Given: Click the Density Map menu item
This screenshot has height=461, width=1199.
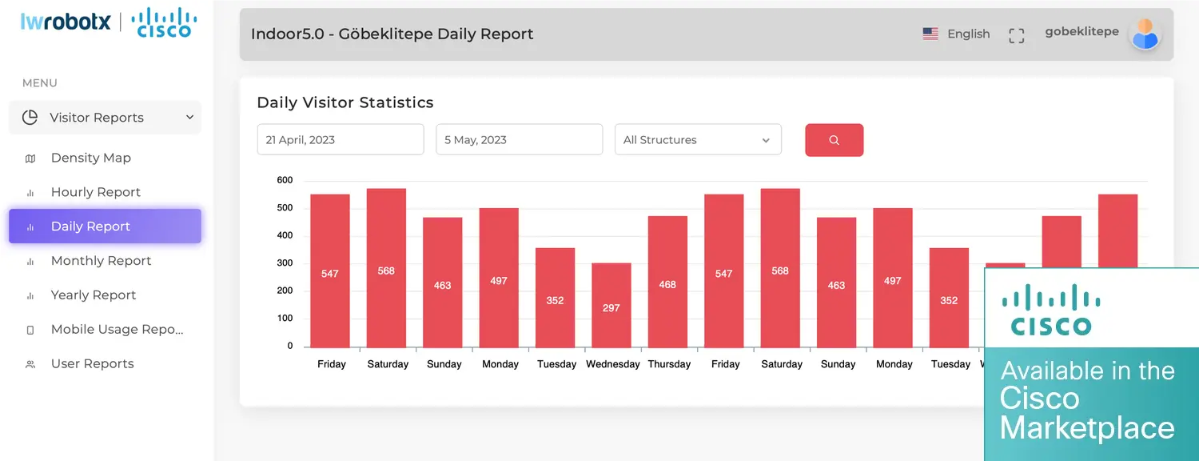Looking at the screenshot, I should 90,158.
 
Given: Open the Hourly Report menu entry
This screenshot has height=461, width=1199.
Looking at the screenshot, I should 95,192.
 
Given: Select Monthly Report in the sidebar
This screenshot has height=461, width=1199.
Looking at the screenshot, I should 101,261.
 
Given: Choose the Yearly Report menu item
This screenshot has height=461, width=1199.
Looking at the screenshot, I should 93,295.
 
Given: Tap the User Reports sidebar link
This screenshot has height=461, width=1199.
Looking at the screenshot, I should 92,364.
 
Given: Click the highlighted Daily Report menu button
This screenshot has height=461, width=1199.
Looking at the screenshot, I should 105,226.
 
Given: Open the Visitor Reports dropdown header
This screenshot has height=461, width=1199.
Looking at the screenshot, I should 105,118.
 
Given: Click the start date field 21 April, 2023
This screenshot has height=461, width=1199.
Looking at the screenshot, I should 340,140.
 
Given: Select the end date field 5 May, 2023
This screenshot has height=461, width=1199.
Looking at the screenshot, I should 519,140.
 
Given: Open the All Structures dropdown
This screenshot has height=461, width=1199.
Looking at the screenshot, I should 697,140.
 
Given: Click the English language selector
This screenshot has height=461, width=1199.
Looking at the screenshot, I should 957,34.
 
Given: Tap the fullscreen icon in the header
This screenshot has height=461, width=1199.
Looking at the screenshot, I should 1016,35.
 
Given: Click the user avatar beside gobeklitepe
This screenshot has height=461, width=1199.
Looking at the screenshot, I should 1145,34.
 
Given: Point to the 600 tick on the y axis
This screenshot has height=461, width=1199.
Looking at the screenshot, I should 285,180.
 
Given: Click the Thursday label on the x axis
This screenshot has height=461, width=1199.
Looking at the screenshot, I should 669,364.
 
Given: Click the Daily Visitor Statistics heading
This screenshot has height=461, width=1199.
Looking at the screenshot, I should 345,102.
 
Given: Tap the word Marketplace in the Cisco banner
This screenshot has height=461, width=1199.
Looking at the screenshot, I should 1087,428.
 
